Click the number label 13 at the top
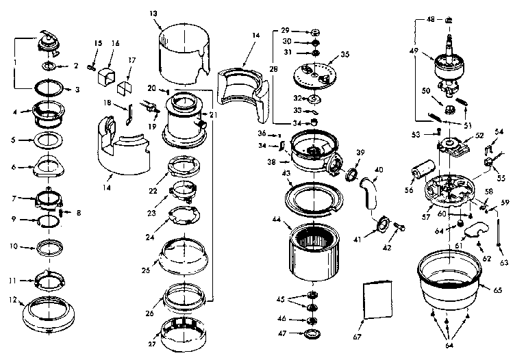152,13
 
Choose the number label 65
497,290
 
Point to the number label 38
272,163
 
